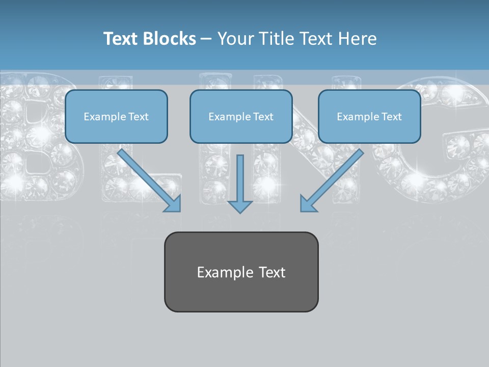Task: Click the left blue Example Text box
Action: [x=116, y=117]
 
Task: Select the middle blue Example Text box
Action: [x=241, y=117]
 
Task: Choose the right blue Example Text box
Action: [x=369, y=117]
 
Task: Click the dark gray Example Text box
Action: [x=241, y=272]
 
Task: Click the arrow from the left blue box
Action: [x=150, y=181]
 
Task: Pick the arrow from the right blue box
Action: [x=331, y=181]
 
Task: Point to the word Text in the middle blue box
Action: [x=263, y=117]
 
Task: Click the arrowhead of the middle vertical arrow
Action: [x=240, y=206]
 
